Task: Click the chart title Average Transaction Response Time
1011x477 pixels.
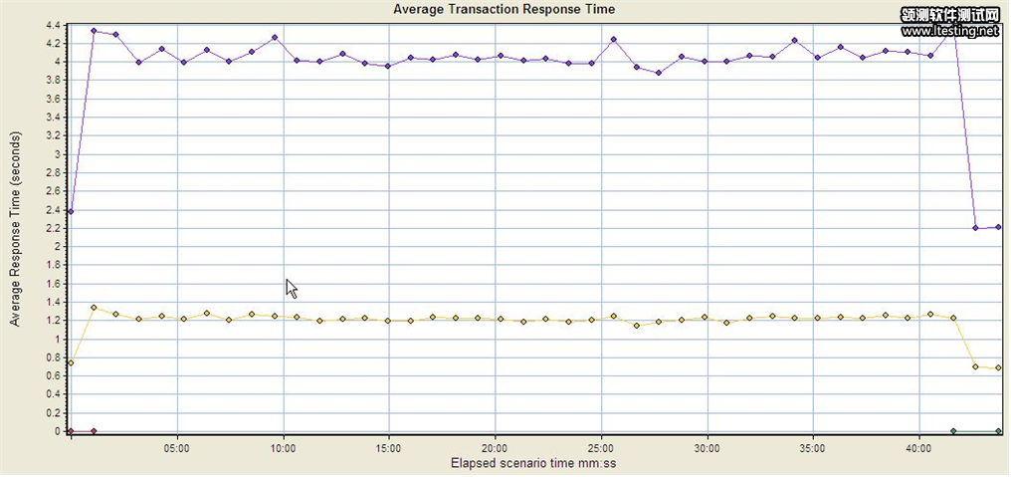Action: click(x=504, y=9)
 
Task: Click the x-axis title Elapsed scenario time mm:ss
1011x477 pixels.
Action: click(x=532, y=462)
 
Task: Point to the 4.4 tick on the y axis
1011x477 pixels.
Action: click(x=52, y=25)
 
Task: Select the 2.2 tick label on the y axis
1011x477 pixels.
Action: click(x=52, y=228)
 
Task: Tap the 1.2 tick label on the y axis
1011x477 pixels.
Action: click(x=52, y=321)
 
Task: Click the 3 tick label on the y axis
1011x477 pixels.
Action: click(x=57, y=154)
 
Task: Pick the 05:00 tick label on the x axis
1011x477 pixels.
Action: click(x=177, y=447)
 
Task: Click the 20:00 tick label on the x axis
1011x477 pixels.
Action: click(x=495, y=447)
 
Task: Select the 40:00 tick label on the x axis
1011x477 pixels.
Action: click(x=918, y=447)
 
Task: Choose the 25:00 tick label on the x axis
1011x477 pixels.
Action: click(x=601, y=447)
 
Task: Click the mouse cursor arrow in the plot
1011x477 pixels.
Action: click(x=291, y=287)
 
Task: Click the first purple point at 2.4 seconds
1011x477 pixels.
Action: click(x=71, y=211)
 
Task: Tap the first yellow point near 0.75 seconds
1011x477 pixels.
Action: click(x=71, y=363)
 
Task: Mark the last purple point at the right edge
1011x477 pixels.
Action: click(x=998, y=227)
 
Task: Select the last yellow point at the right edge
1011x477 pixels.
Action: click(x=998, y=368)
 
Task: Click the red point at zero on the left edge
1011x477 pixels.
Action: click(x=71, y=431)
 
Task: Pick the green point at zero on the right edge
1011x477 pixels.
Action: click(x=998, y=431)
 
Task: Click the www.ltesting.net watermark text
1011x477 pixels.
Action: click(x=949, y=31)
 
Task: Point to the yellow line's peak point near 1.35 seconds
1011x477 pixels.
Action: click(x=94, y=308)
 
